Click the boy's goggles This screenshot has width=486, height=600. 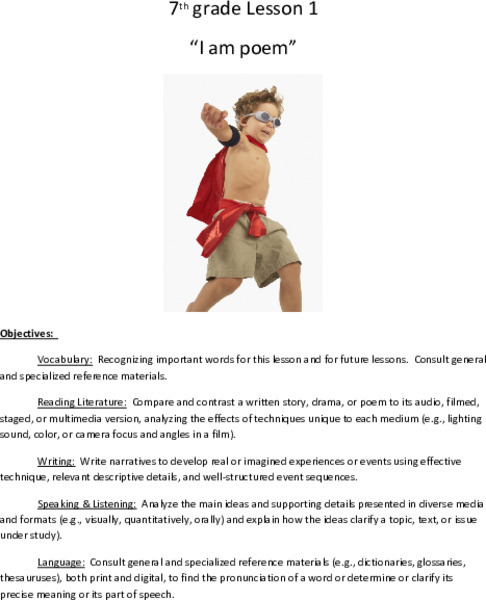pyautogui.click(x=264, y=117)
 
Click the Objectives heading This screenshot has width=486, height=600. pyautogui.click(x=29, y=333)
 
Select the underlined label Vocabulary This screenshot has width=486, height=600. pyautogui.click(x=65, y=359)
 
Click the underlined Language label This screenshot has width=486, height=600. pyautogui.click(x=61, y=562)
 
